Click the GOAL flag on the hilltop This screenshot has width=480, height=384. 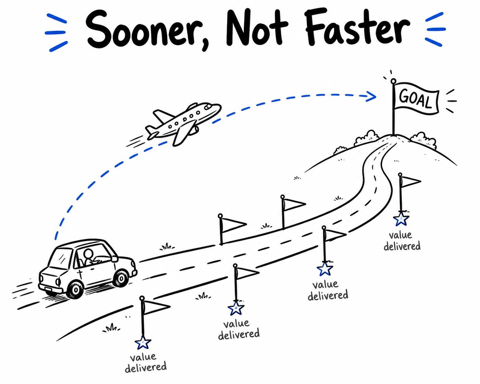pyautogui.click(x=416, y=99)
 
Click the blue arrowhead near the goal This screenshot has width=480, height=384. pyautogui.click(x=371, y=97)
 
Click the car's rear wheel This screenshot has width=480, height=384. pyautogui.click(x=76, y=290)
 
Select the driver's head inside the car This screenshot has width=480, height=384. pyautogui.click(x=89, y=254)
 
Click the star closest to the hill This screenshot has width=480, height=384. pyautogui.click(x=401, y=219)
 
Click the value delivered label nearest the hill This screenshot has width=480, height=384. pyautogui.click(x=402, y=241)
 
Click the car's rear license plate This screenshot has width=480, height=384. pyautogui.click(x=48, y=290)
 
